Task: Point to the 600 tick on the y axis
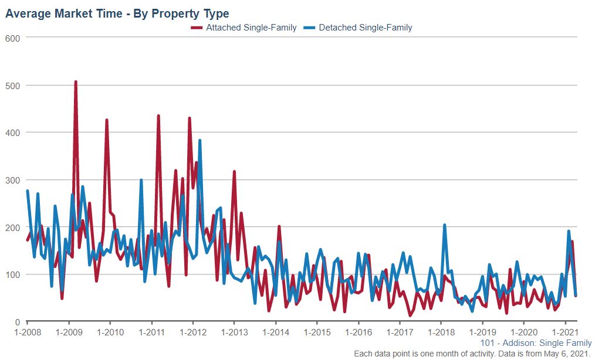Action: click(x=13, y=38)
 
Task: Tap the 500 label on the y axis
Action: click(x=13, y=86)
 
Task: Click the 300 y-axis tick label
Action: click(x=13, y=180)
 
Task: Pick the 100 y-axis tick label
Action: click(x=13, y=274)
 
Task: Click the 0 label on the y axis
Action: click(x=18, y=322)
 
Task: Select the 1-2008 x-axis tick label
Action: click(x=28, y=332)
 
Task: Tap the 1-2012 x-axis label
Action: click(x=193, y=332)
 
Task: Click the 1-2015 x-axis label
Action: click(x=317, y=332)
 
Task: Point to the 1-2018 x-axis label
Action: click(x=441, y=332)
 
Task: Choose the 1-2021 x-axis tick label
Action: click(x=564, y=332)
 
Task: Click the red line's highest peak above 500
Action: click(x=76, y=82)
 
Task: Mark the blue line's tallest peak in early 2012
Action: click(x=200, y=141)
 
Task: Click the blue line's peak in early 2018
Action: click(x=444, y=225)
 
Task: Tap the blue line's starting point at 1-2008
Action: click(x=28, y=191)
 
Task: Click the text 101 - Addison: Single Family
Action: click(x=535, y=343)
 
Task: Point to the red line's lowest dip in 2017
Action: click(x=410, y=315)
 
